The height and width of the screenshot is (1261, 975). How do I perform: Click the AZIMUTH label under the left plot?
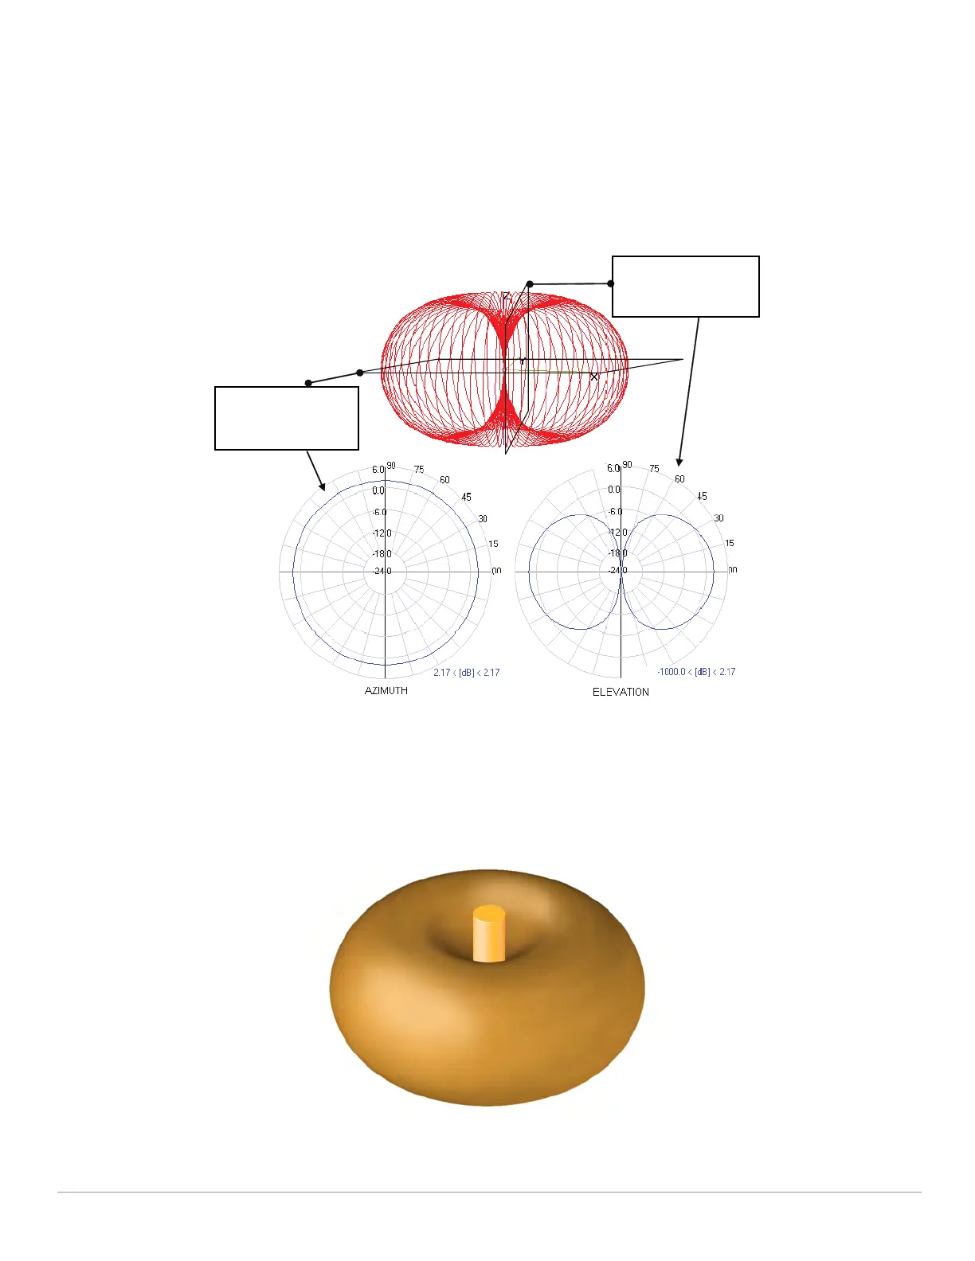click(386, 691)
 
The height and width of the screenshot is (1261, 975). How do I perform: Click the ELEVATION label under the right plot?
click(621, 692)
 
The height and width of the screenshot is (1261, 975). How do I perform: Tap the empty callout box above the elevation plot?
click(685, 287)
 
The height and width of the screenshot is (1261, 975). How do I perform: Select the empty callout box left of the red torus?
click(287, 419)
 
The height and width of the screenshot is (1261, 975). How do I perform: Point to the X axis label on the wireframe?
click(593, 377)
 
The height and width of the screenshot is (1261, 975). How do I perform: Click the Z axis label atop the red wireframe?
click(506, 297)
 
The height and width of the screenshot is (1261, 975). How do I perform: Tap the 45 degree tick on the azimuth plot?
click(466, 497)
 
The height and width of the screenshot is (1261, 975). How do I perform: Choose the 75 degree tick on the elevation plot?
click(654, 469)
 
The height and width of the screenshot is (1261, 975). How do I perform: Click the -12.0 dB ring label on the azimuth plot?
click(382, 533)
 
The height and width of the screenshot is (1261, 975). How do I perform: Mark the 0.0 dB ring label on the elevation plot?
click(613, 490)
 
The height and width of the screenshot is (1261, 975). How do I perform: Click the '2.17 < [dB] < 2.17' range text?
click(467, 673)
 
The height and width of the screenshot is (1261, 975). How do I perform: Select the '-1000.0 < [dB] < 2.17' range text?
click(696, 672)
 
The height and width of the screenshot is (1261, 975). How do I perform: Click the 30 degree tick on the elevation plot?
click(719, 518)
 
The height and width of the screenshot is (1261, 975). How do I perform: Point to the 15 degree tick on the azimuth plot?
click(493, 544)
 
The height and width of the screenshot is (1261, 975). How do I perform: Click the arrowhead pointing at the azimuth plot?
click(323, 487)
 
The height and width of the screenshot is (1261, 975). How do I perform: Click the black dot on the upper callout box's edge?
click(611, 283)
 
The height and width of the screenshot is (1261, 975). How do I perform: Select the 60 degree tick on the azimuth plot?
click(444, 480)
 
